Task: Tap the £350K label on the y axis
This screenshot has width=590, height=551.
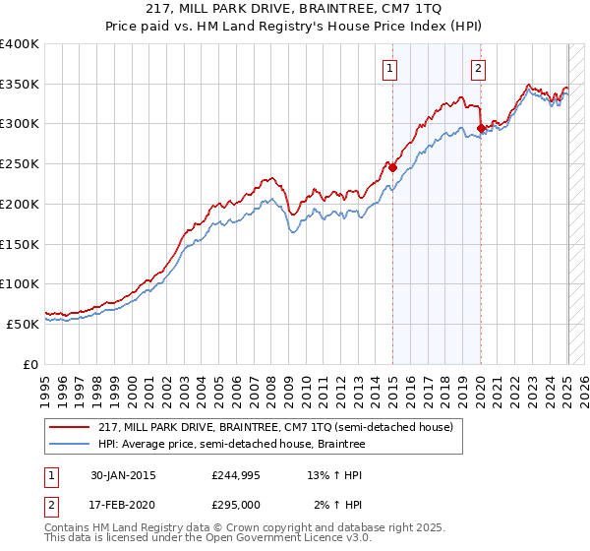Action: [x=20, y=84]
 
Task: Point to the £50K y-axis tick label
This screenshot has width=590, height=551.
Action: [x=23, y=323]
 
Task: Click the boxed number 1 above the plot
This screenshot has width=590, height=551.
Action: [x=391, y=69]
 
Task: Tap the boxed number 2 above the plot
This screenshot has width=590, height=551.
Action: [x=478, y=69]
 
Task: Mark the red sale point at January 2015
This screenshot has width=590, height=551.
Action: [x=392, y=167]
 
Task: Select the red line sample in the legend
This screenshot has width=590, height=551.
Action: [x=71, y=427]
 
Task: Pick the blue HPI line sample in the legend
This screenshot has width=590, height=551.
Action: [x=71, y=445]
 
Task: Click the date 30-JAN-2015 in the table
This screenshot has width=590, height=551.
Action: [x=123, y=474]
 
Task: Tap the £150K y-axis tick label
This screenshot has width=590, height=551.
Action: [x=20, y=243]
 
